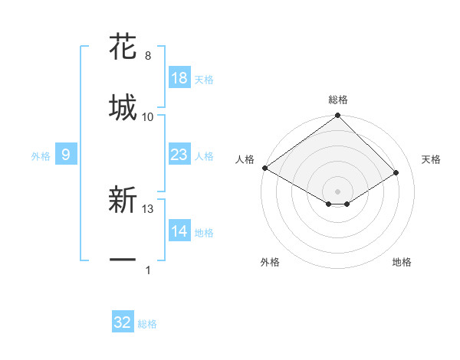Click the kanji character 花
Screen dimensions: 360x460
tap(123, 47)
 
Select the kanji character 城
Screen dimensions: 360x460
tap(123, 106)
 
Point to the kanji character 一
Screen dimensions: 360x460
tap(123, 260)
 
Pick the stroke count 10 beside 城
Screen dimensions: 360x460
tap(148, 116)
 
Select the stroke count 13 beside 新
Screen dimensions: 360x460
tap(148, 208)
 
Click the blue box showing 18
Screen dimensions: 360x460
tap(179, 78)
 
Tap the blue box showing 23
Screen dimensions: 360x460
tap(179, 155)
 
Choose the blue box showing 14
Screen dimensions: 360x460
tap(179, 231)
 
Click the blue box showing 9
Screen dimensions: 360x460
tap(66, 155)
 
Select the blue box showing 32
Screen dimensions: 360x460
tap(123, 322)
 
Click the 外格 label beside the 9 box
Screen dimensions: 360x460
tap(41, 155)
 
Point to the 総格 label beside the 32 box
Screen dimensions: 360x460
tap(147, 324)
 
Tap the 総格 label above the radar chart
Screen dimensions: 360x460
tap(337, 100)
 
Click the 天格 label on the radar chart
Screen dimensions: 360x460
tap(431, 159)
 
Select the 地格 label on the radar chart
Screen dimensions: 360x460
tap(402, 262)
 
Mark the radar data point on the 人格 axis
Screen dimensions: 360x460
tap(264, 168)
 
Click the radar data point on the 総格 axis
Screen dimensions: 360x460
tap(337, 116)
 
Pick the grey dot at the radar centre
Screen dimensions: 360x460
tap(337, 191)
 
